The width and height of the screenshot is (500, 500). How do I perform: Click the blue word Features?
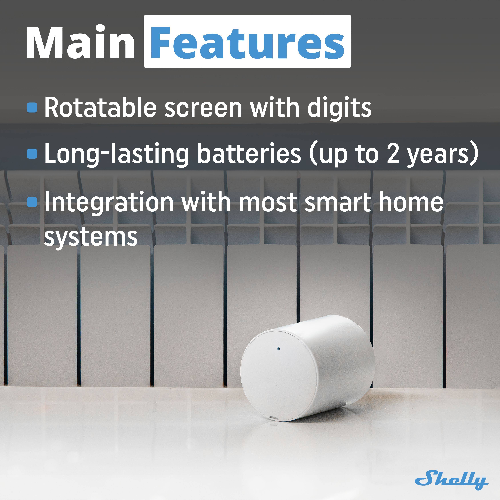pos(247,43)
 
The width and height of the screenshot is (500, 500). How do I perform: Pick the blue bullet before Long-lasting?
pos(32,153)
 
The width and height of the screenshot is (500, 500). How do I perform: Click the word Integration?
pos(109,203)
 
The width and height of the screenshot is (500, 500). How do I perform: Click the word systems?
pos(91,237)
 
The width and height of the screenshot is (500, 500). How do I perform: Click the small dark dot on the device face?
pos(278,349)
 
